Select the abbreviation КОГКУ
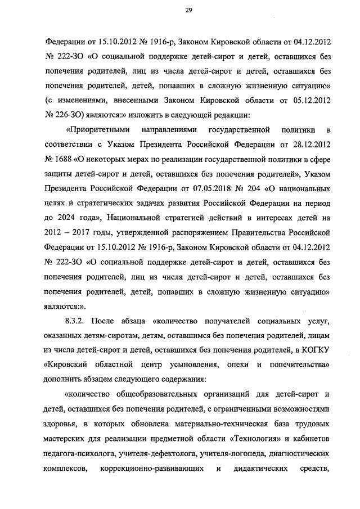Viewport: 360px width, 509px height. [x=316, y=350]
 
